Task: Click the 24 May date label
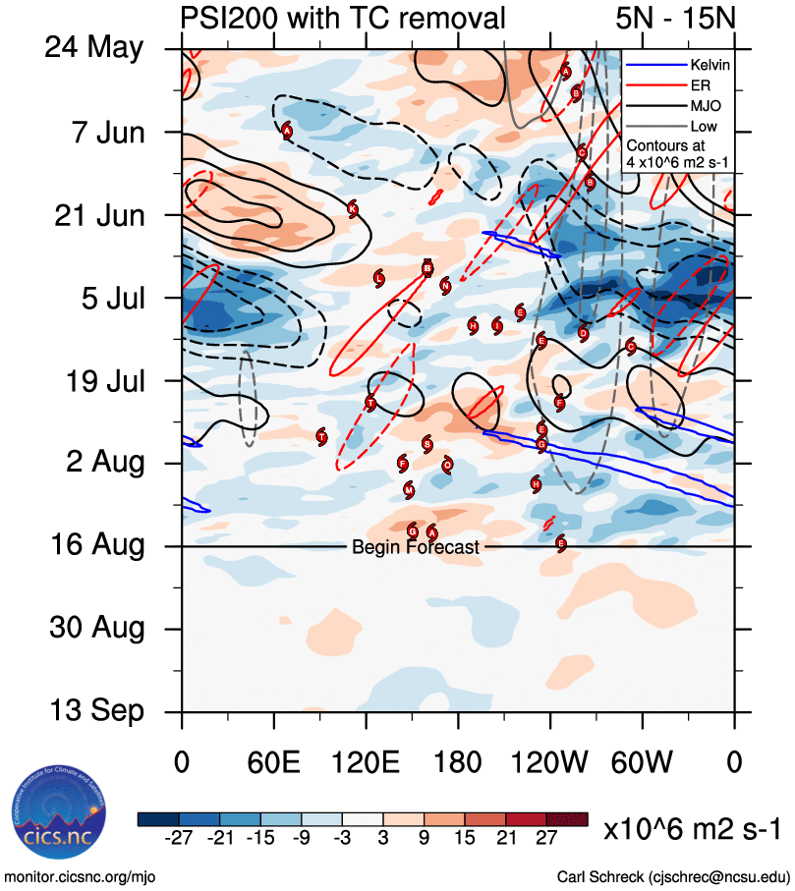coord(93,48)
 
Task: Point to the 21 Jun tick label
coord(98,214)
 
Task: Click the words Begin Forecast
coord(416,547)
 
